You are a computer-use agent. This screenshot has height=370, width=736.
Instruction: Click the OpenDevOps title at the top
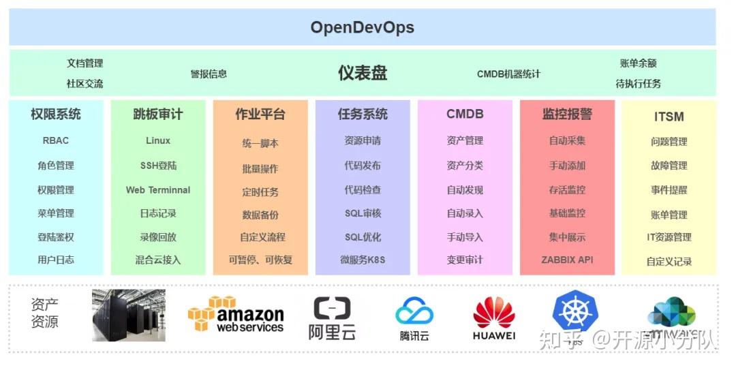click(x=362, y=27)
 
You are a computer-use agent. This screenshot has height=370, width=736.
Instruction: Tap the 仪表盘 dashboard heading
click(x=363, y=73)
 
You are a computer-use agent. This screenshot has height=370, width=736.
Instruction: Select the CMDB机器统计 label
click(x=508, y=74)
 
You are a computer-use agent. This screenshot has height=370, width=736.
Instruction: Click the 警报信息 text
click(x=209, y=74)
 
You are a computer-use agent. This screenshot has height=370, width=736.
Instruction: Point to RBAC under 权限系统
click(x=56, y=140)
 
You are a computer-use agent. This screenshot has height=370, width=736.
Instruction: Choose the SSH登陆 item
click(x=158, y=166)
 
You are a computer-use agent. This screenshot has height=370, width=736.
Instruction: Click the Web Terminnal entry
click(x=158, y=190)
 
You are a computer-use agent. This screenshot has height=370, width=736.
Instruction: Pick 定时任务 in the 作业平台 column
click(x=260, y=192)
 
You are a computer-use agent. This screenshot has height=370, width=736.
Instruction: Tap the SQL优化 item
click(x=363, y=237)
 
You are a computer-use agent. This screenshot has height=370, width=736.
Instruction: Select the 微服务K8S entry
click(x=363, y=260)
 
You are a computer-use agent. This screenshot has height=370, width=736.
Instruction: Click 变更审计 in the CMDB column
click(x=465, y=260)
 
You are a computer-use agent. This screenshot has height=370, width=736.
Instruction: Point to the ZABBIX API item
click(x=567, y=260)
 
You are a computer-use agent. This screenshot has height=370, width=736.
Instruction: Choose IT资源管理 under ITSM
click(x=669, y=237)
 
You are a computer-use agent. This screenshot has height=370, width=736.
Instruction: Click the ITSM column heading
click(x=669, y=117)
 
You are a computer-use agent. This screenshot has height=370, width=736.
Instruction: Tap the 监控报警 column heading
click(x=567, y=114)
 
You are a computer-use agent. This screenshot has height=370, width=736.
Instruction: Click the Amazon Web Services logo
click(x=236, y=314)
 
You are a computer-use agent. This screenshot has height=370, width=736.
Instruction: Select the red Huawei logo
click(x=494, y=318)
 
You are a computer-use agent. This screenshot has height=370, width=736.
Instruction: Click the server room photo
click(x=119, y=315)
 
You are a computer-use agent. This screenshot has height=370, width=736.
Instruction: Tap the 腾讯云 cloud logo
click(x=414, y=318)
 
